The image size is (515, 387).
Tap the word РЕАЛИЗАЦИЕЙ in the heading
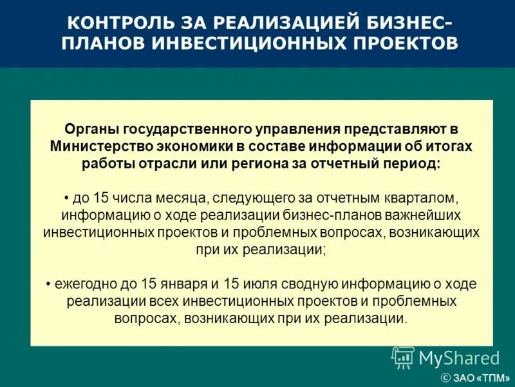coord(268,23)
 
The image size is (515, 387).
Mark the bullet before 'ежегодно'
coord(50,284)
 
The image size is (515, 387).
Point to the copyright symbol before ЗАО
coord(445,377)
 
